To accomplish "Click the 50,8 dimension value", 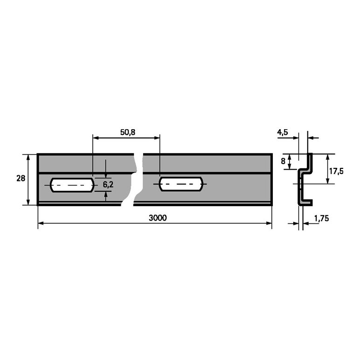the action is pos(128,132).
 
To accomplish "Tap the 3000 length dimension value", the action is pos(158,218).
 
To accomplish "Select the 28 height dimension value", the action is pos(21,178).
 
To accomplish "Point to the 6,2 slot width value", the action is pos(108,184).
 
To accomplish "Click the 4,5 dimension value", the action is pos(283,132).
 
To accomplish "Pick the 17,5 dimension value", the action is pos(336,171).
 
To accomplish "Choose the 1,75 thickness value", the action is pos(321,218).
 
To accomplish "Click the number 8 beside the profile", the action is pos(283,161).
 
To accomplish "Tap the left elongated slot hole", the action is pos(72,185).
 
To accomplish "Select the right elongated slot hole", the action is pos(181,184).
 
